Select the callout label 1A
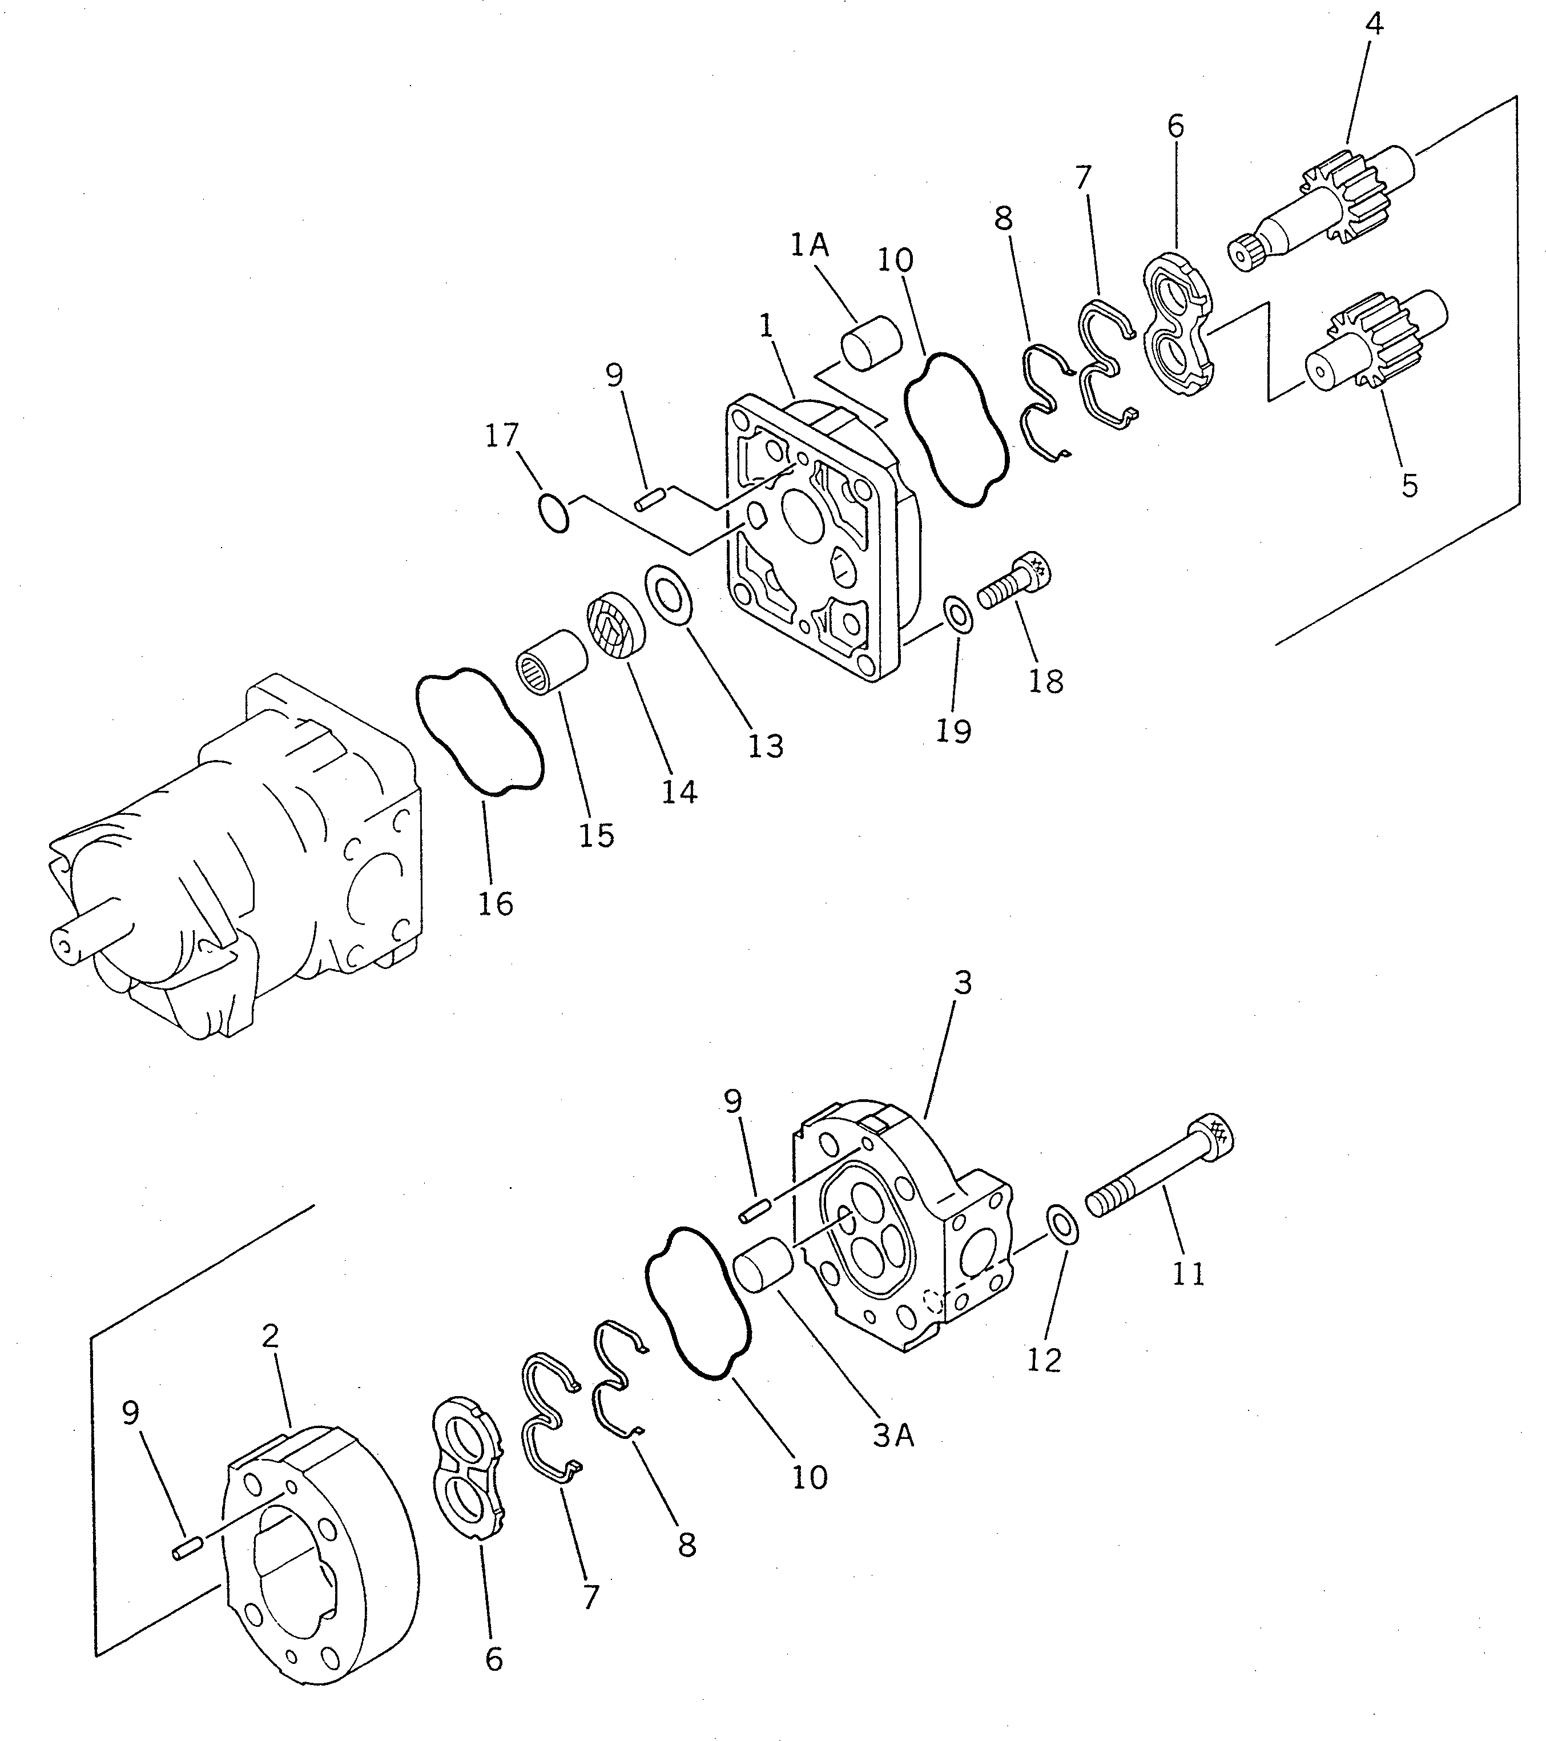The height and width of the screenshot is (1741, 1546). pos(808,246)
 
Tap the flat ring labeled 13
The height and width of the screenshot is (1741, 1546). pos(669,594)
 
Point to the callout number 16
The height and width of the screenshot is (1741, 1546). pos(496,903)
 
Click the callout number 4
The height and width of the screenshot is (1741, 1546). pos(1374,24)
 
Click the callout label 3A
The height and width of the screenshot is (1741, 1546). pos(893,1436)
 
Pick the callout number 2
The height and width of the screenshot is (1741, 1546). pos(270,1336)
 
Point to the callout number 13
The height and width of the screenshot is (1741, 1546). pos(765,746)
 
